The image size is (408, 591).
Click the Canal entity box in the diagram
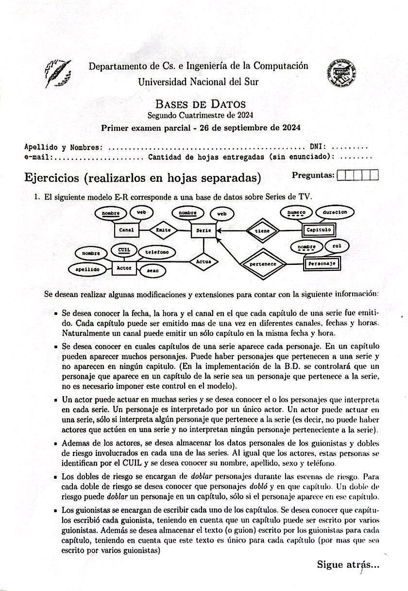126,229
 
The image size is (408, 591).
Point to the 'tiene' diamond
263,231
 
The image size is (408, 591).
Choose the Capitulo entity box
319,229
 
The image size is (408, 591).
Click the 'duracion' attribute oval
335,212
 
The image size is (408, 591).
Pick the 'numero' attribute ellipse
296,212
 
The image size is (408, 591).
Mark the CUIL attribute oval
120,250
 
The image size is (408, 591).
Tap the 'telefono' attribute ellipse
157,252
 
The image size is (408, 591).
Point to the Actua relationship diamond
203,261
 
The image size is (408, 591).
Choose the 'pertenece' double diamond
263,264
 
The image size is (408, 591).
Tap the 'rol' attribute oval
337,246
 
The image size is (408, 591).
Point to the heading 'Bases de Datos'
200,104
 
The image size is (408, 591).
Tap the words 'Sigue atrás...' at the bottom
348,564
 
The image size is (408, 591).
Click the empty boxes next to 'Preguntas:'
357,175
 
